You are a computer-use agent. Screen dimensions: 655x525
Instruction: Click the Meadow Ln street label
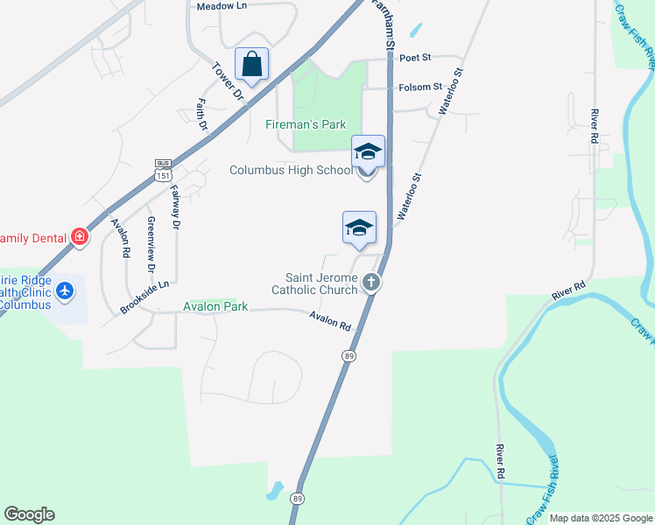221,6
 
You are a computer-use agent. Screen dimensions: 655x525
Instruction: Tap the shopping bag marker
251,64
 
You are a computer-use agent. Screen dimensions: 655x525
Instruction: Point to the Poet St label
415,58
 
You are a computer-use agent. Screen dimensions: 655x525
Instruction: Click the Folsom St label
420,87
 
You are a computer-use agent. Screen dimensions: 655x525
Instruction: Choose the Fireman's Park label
306,124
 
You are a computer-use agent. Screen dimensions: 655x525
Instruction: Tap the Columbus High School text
290,170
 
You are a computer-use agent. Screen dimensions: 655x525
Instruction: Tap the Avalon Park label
215,307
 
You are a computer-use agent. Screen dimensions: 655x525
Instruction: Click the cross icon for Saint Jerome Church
371,283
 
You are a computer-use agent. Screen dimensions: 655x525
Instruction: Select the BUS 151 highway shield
162,170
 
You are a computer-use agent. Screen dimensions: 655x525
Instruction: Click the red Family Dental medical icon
80,236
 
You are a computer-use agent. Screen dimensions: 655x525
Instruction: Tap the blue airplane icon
64,289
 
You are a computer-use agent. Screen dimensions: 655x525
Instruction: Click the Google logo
29,514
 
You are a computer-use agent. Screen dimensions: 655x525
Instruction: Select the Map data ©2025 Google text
600,518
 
